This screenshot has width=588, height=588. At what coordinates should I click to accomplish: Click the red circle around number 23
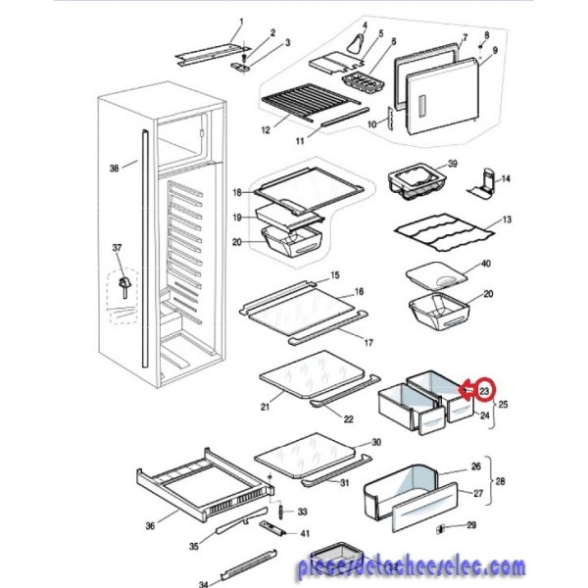point(484,391)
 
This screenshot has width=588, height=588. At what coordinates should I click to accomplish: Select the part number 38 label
point(115,169)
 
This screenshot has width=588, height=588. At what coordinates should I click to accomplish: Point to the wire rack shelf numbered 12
point(312,101)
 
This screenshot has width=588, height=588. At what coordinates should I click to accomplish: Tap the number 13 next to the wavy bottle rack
point(507,220)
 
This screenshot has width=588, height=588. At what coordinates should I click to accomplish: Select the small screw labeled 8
point(481,47)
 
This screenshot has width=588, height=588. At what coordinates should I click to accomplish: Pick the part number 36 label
point(150,526)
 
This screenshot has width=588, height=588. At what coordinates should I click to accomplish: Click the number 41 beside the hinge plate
point(306,533)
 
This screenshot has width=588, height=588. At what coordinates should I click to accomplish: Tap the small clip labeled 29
point(440,529)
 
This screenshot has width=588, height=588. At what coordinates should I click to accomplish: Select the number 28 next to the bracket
point(501,481)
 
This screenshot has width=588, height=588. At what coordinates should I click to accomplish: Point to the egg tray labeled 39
point(417,182)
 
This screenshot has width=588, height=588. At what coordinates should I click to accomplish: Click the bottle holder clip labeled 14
point(482,183)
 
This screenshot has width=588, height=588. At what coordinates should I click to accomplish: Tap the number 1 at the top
point(241,22)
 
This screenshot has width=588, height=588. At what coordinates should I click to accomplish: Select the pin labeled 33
point(280,512)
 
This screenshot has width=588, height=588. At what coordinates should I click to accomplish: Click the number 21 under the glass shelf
point(266,407)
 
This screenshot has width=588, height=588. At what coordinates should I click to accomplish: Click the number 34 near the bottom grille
point(204,584)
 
